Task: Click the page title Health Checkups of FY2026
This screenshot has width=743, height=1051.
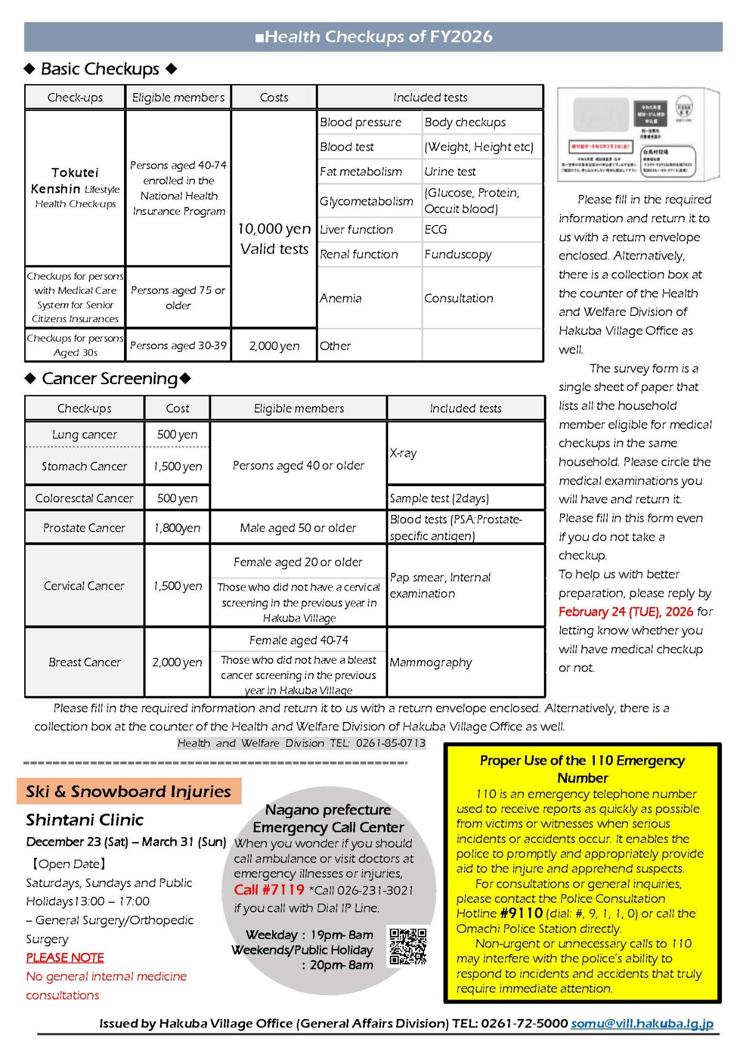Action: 374,37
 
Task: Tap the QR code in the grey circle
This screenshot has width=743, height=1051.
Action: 408,946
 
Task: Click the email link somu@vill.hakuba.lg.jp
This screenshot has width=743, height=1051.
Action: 642,1023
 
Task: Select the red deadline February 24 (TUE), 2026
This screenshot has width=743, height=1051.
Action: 626,612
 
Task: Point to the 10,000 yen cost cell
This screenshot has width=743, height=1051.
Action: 274,229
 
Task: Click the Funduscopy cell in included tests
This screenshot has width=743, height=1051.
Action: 458,255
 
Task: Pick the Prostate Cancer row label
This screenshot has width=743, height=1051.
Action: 84,528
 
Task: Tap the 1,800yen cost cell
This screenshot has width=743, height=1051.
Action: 177,528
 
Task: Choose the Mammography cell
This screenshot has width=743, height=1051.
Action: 431,663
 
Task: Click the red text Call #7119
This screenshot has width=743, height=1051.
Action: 269,890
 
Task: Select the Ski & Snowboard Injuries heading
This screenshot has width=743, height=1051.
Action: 129,791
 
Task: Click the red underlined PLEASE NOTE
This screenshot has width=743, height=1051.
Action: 65,957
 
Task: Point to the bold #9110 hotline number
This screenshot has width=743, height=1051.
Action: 521,913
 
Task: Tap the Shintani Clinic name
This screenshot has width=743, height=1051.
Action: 85,820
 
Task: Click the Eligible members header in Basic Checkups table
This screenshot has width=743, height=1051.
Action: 178,98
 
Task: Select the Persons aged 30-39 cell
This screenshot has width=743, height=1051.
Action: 178,346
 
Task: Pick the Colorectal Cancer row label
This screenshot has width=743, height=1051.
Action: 84,498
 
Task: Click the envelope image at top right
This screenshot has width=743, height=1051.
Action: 638,135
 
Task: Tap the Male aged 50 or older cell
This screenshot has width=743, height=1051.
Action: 298,528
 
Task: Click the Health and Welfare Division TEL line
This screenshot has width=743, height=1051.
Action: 301,743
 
